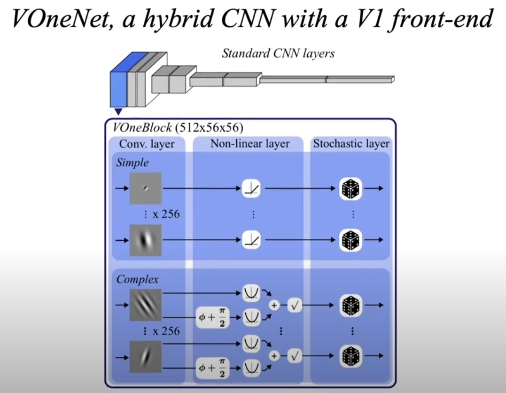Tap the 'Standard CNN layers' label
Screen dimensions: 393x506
pyautogui.click(x=278, y=53)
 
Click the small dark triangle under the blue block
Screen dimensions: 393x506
pyautogui.click(x=118, y=112)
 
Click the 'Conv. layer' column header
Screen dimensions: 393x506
pyautogui.click(x=147, y=144)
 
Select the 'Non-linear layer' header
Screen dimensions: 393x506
pyautogui.click(x=250, y=144)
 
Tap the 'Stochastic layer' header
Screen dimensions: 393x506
pyautogui.click(x=351, y=144)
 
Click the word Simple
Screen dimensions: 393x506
pyautogui.click(x=132, y=163)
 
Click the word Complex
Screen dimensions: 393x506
pyautogui.click(x=138, y=279)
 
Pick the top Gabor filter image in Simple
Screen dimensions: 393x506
pyautogui.click(x=146, y=188)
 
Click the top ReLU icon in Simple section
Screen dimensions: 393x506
pyautogui.click(x=251, y=189)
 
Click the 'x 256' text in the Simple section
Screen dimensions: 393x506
pyautogui.click(x=166, y=214)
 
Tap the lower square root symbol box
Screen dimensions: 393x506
pyautogui.click(x=295, y=356)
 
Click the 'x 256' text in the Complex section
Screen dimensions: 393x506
pyautogui.click(x=166, y=331)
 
